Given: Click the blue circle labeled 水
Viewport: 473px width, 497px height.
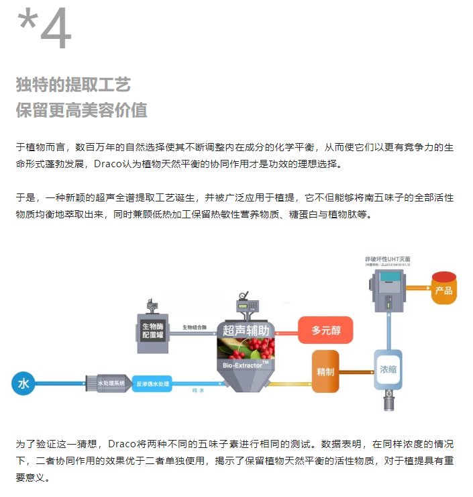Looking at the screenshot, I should tap(23, 383).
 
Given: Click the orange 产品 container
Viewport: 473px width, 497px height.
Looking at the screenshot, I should tap(443, 289).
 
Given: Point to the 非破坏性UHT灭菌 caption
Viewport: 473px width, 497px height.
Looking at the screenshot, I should tap(388, 257).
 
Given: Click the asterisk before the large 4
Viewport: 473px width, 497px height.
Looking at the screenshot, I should tap(27, 21).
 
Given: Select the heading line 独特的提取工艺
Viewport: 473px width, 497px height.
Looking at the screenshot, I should tap(73, 85).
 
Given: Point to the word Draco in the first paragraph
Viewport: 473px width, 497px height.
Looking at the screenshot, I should tap(108, 164).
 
